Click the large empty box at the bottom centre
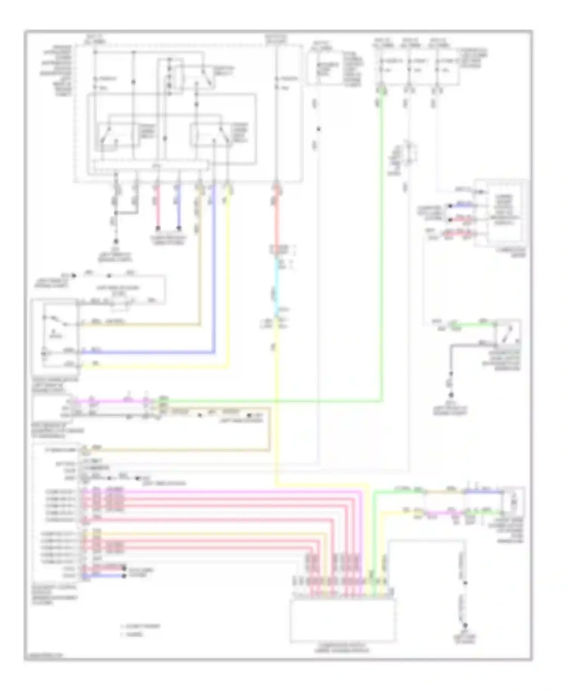pos(343,620)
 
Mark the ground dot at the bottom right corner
pos(465,625)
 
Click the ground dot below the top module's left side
pos(116,241)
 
